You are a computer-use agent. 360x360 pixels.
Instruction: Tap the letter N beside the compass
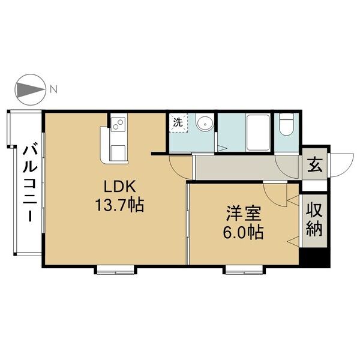click(53, 90)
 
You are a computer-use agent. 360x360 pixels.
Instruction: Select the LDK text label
click(117, 187)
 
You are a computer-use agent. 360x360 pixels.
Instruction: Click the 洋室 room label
click(244, 213)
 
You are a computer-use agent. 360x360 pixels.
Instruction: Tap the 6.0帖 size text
click(244, 232)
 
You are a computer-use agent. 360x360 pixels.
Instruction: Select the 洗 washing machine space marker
click(178, 122)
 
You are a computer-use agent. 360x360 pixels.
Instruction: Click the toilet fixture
click(286, 125)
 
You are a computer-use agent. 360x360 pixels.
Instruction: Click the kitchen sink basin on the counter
click(116, 150)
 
